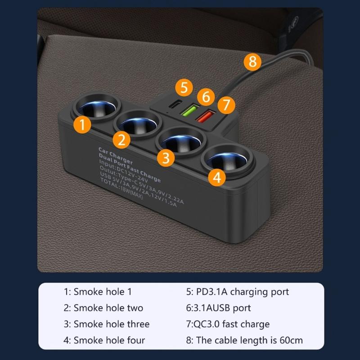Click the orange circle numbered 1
pyautogui.click(x=81, y=124)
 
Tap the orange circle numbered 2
pyautogui.click(x=121, y=140)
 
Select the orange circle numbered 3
pyautogui.click(x=166, y=158)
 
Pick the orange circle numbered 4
pyautogui.click(x=217, y=177)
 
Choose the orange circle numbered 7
pyautogui.click(x=226, y=106)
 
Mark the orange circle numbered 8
pyautogui.click(x=252, y=61)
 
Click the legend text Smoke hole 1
pyautogui.click(x=98, y=292)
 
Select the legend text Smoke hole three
pyautogui.click(x=106, y=324)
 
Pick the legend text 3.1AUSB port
pyautogui.click(x=218, y=308)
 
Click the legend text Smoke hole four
pyautogui.click(x=104, y=340)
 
